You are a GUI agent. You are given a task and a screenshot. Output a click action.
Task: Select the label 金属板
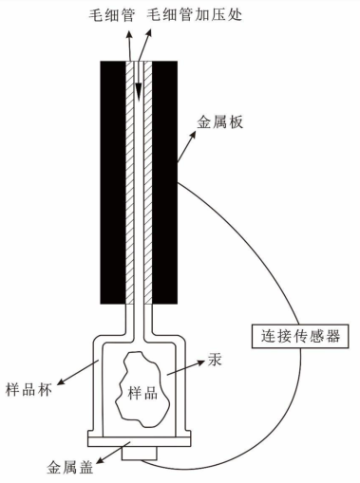(x=219, y=121)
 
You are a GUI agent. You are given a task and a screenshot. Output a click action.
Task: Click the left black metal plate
(x=112, y=180)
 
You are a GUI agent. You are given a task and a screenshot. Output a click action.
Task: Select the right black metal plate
(x=166, y=180)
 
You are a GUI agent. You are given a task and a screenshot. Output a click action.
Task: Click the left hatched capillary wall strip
(x=129, y=180)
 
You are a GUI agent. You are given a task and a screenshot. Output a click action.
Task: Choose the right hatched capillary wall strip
(x=149, y=180)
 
